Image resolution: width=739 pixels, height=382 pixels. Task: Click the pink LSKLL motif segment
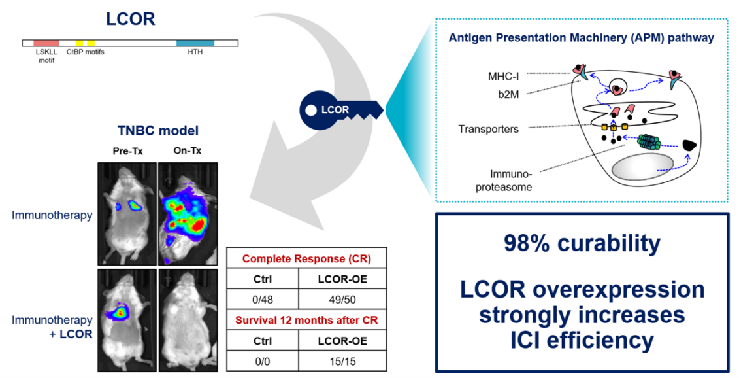tap(46, 43)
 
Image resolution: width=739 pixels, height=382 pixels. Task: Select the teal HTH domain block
tap(195, 43)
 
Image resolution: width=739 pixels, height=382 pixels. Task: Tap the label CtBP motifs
tap(86, 52)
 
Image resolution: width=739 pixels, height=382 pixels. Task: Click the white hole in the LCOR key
tap(311, 111)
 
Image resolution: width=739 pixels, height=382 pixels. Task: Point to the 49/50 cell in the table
tap(342, 300)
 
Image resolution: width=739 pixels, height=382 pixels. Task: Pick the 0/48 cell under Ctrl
tap(263, 300)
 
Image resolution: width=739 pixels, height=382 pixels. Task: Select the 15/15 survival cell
tap(342, 361)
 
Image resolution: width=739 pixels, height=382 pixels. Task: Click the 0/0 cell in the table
tap(263, 361)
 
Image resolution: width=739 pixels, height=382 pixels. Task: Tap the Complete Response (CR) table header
tap(306, 259)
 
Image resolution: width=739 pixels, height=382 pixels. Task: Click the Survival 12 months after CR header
tap(306, 321)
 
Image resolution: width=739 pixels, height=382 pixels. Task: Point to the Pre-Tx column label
tap(127, 151)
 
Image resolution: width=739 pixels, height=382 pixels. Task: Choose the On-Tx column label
tap(188, 151)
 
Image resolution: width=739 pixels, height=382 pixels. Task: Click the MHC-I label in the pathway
tap(503, 76)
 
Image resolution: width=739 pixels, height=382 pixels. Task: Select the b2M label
tap(508, 94)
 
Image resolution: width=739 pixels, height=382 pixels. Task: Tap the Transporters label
tap(488, 129)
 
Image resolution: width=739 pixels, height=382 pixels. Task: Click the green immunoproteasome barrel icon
tap(650, 142)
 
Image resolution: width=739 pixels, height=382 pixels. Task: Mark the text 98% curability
tap(582, 243)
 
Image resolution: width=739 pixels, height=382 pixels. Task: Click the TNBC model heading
tap(158, 130)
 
